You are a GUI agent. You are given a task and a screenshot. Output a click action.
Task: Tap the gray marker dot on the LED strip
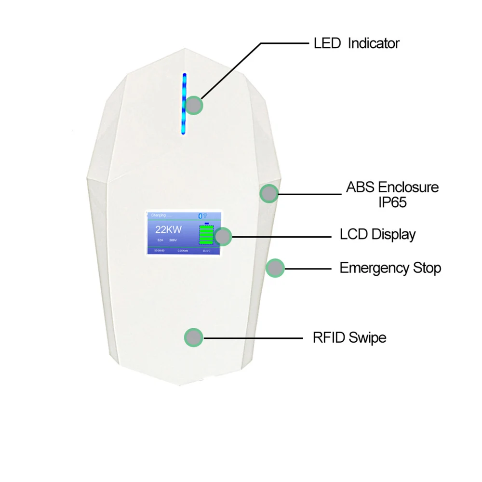pyautogui.click(x=194, y=106)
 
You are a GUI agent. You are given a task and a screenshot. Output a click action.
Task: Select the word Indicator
pyautogui.click(x=374, y=43)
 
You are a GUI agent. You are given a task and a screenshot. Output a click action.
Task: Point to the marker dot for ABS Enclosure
pyautogui.click(x=269, y=194)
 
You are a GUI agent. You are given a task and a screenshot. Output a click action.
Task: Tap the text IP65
pyautogui.click(x=392, y=202)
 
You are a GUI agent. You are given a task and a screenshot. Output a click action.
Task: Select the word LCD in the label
pyautogui.click(x=354, y=235)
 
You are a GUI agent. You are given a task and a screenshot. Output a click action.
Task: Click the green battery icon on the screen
pyautogui.click(x=206, y=236)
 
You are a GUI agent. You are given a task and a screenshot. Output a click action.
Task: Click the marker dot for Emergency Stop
pyautogui.click(x=275, y=268)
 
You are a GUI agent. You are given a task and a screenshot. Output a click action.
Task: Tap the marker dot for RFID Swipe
pyautogui.click(x=194, y=337)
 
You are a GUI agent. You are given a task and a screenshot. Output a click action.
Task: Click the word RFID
pyautogui.click(x=328, y=337)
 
